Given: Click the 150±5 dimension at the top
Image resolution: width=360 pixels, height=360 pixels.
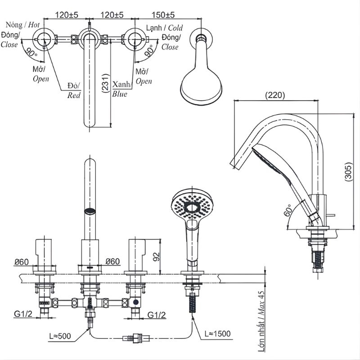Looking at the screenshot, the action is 163,15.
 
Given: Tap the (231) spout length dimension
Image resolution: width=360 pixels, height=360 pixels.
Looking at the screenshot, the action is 105,83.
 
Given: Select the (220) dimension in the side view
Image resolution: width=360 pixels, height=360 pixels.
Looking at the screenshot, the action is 275,95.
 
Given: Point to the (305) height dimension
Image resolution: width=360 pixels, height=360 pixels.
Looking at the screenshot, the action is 348,172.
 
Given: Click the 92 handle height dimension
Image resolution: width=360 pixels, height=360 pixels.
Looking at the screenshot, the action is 156,257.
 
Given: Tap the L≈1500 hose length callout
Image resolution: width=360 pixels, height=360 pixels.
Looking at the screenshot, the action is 218,333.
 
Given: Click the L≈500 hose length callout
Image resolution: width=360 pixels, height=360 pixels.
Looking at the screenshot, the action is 60,336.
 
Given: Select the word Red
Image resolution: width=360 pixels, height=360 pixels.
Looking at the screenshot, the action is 74,95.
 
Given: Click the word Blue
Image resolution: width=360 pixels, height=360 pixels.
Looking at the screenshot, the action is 120,94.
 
